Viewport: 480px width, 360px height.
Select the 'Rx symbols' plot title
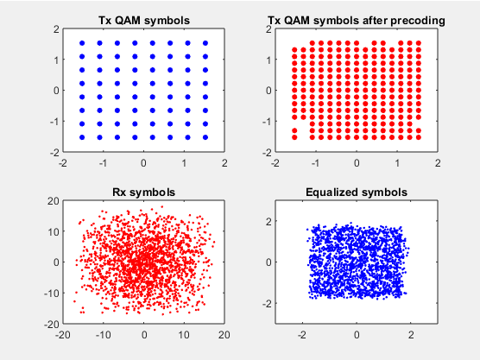[x=143, y=193]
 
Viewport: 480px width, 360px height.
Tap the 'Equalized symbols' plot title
[x=357, y=193]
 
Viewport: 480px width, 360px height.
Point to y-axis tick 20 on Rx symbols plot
[x=53, y=201]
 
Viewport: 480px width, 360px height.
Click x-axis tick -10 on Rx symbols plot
[x=103, y=335]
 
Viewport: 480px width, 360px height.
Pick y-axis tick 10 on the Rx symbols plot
[x=54, y=231]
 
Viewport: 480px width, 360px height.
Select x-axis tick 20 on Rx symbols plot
[x=224, y=335]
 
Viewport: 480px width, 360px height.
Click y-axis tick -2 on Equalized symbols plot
[x=268, y=303]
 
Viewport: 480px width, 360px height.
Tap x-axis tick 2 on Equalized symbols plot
[x=411, y=335]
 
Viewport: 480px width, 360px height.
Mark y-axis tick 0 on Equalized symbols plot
[x=268, y=262]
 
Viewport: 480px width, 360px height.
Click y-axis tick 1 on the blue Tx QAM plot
[x=56, y=60]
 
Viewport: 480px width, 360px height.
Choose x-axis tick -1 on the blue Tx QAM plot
[x=103, y=163]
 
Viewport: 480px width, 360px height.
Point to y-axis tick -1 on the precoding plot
[x=268, y=122]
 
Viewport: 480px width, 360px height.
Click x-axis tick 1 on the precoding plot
[x=397, y=163]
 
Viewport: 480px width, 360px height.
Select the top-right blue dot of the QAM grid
[x=205, y=43]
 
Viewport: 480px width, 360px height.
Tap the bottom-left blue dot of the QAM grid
[x=82, y=137]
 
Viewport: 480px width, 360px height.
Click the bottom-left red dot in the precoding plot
[x=294, y=137]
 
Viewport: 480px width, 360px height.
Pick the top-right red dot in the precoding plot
[x=419, y=43]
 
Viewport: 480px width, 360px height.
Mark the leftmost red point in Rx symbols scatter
[x=74, y=301]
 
